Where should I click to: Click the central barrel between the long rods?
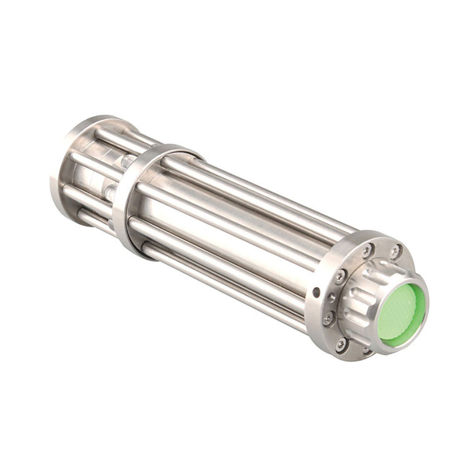coord(233,233)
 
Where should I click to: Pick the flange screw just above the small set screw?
coord(339,276)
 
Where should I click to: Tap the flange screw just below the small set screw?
coord(329,319)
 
